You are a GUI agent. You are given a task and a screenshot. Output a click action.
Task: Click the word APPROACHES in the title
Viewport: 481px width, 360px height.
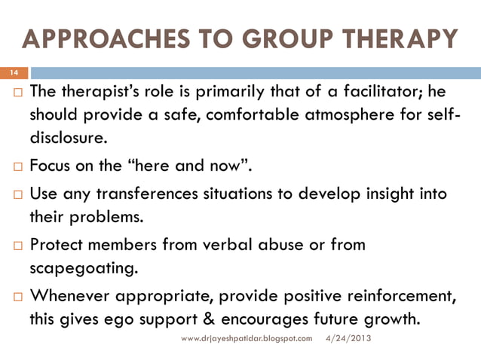coord(99,39)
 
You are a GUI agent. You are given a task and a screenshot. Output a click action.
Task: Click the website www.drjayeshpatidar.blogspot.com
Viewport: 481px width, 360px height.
coord(247,340)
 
